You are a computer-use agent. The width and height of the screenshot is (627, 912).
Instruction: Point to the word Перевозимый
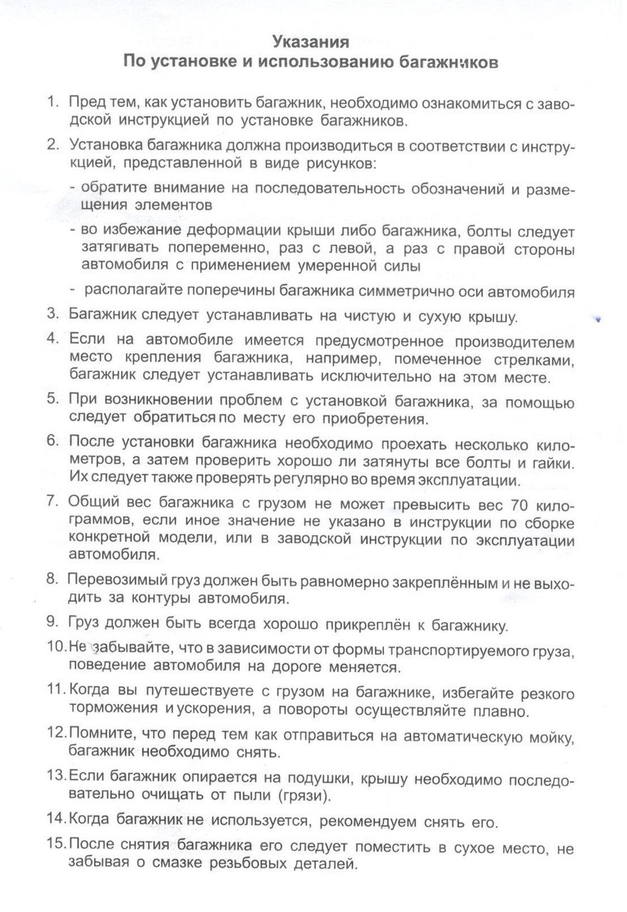(x=116, y=581)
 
